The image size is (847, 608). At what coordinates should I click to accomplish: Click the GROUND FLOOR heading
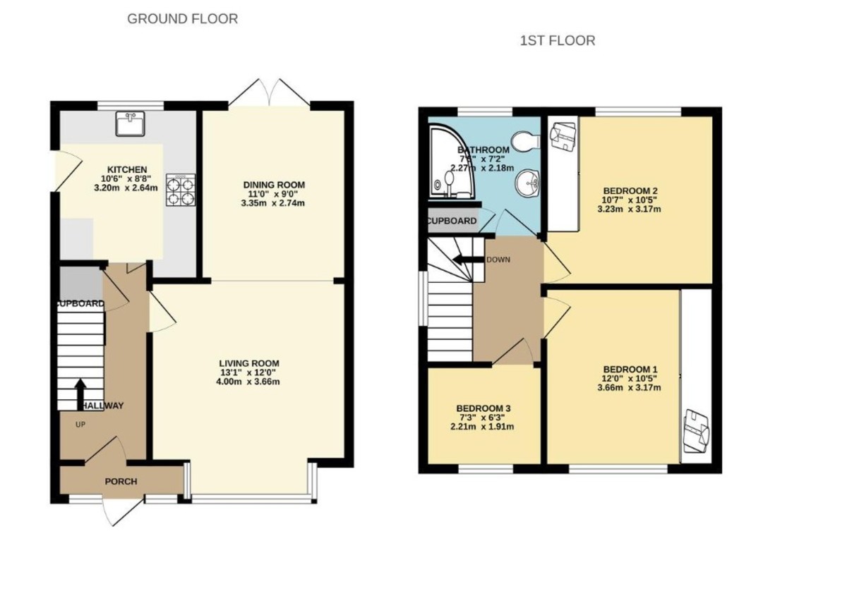click(x=182, y=19)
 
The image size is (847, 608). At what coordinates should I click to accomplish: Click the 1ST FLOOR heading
click(x=557, y=41)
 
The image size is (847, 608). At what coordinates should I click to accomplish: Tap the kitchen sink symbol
click(x=130, y=124)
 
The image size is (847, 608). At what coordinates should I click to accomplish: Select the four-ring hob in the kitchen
click(x=180, y=189)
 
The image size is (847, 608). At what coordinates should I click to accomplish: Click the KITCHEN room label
click(x=127, y=169)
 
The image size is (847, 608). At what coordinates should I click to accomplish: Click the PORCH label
click(x=121, y=482)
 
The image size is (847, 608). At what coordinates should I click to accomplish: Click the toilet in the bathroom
click(x=526, y=141)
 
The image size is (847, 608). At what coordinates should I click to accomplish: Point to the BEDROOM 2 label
click(x=630, y=190)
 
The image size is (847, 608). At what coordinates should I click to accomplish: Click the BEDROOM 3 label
click(x=483, y=408)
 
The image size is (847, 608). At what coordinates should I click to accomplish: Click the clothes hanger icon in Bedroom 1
click(x=696, y=430)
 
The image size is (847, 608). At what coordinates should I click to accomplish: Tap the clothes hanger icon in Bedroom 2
click(x=563, y=135)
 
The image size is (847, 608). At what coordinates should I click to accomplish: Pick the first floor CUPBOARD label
click(x=451, y=221)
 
